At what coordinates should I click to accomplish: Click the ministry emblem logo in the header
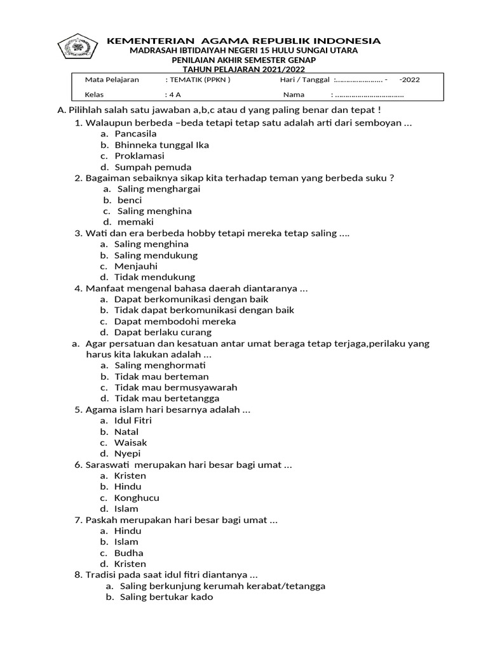click(78, 48)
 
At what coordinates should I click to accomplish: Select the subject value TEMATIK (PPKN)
click(198, 80)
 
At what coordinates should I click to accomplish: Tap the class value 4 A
click(172, 95)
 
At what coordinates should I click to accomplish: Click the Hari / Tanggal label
click(304, 80)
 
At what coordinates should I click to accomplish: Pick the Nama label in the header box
click(294, 95)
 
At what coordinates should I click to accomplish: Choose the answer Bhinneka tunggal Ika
click(161, 145)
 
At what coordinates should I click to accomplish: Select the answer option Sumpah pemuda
click(144, 167)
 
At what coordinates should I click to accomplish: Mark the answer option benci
click(130, 200)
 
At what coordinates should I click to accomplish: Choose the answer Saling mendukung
click(156, 255)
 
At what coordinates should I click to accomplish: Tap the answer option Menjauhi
click(135, 267)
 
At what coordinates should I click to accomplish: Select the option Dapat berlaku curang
click(163, 332)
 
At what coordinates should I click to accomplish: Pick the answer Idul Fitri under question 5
click(133, 420)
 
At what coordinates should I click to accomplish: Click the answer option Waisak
click(130, 442)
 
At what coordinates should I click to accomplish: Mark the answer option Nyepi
click(128, 454)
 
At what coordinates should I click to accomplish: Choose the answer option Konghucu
click(137, 498)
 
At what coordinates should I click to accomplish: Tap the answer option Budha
click(129, 553)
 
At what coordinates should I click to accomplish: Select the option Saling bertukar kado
click(166, 597)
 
